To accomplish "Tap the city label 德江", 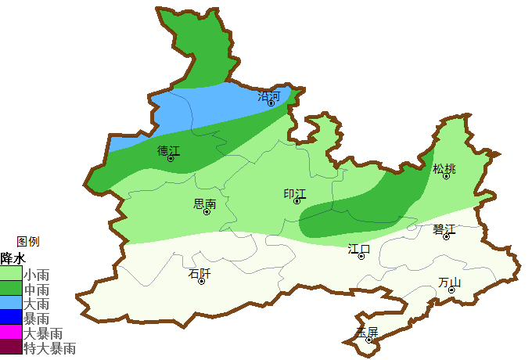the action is pyautogui.click(x=168, y=150).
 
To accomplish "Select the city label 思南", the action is pyautogui.click(x=204, y=203).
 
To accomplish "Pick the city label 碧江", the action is pyautogui.click(x=444, y=229).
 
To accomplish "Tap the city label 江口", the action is pyautogui.click(x=359, y=249).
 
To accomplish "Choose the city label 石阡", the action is pyautogui.click(x=199, y=273).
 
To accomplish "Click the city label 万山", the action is pyautogui.click(x=450, y=282).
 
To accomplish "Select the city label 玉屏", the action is pyautogui.click(x=367, y=332).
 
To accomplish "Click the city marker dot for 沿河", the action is pyautogui.click(x=271, y=103).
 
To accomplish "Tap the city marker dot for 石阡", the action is pyautogui.click(x=202, y=281).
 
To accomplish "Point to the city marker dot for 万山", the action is pyautogui.click(x=451, y=290).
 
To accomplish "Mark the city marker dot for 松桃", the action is pyautogui.click(x=446, y=176).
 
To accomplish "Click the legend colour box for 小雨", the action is pyautogui.click(x=11, y=275).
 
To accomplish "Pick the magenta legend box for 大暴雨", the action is pyautogui.click(x=11, y=333).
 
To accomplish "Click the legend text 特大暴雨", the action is pyautogui.click(x=50, y=347).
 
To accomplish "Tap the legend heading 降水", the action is pyautogui.click(x=13, y=258).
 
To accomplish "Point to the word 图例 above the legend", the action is pyautogui.click(x=28, y=242).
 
